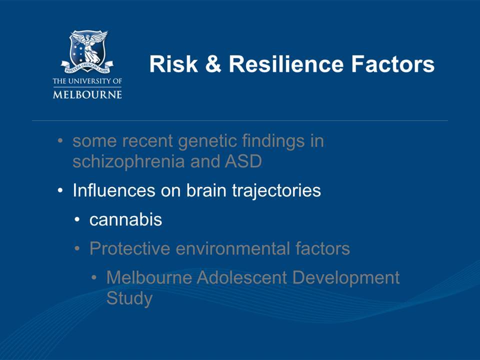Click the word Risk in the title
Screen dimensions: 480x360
coord(173,64)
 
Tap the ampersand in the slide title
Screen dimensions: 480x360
coord(213,64)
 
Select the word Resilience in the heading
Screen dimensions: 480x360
coord(286,64)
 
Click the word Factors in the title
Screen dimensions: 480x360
coord(393,64)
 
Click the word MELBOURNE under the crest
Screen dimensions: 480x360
coord(87,94)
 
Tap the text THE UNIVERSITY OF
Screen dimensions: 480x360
coord(87,81)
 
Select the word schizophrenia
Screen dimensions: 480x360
coord(128,161)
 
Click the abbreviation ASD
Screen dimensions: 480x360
coord(243,161)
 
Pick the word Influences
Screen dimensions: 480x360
coord(114,190)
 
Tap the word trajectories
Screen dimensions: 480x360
coord(276,191)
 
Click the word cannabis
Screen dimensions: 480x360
coord(125,219)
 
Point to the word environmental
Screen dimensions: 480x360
coord(233,248)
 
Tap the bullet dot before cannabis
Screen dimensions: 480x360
coord(77,220)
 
